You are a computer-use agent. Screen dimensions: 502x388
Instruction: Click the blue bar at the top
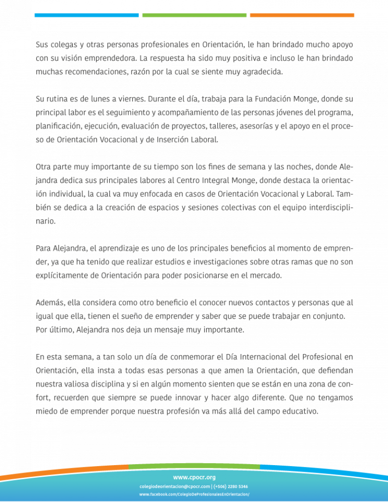point(86,15)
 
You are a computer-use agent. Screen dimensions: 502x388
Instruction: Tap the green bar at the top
point(195,15)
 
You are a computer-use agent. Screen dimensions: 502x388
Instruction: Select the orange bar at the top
point(302,15)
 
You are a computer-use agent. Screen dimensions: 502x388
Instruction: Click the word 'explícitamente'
point(64,276)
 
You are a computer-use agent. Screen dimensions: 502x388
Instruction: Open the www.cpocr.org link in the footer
point(194,477)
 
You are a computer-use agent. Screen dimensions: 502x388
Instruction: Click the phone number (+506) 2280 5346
point(228,486)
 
